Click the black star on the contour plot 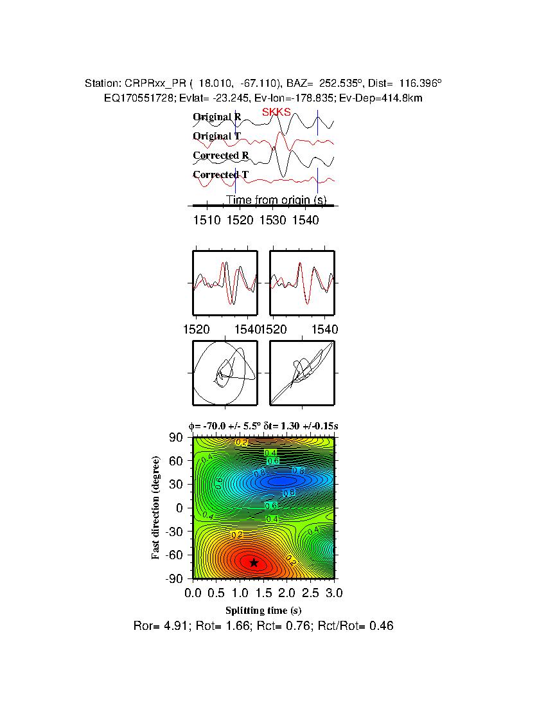(254, 562)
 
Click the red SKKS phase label (276, 112)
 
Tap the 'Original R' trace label (217, 117)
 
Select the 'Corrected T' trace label (220, 175)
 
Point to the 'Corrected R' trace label (220, 156)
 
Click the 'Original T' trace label (217, 136)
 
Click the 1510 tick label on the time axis (207, 221)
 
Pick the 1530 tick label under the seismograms (273, 221)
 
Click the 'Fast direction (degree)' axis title (156, 508)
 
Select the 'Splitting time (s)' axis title (263, 610)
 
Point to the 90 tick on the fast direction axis (178, 438)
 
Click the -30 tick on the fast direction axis (174, 532)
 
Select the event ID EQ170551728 (134, 98)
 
